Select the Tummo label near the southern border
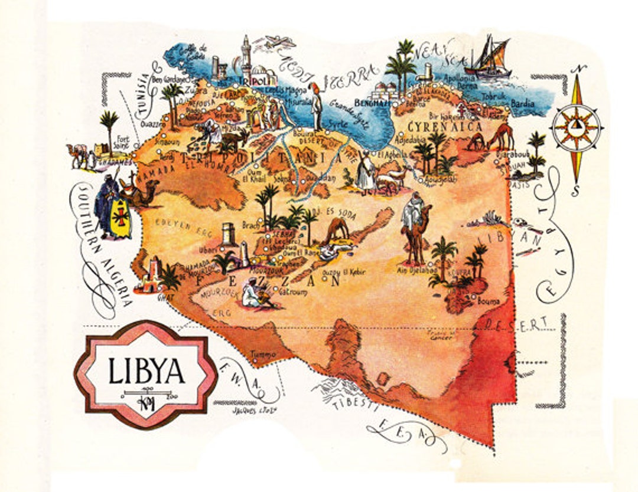[263, 355]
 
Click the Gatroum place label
[294, 291]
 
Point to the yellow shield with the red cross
[121, 218]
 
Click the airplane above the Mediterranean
[280, 42]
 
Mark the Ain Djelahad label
[417, 270]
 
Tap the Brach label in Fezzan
[250, 225]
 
